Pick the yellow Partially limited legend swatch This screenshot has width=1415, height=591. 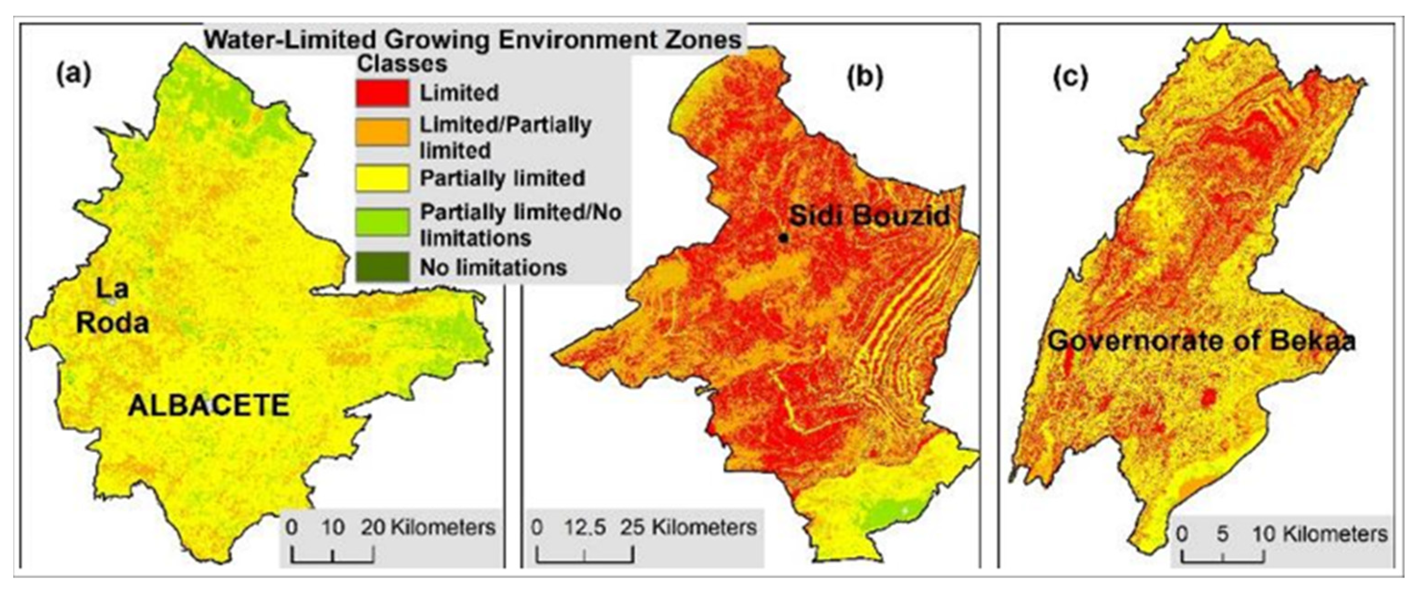click(382, 178)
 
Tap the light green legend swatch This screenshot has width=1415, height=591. click(382, 222)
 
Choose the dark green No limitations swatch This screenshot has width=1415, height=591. click(382, 267)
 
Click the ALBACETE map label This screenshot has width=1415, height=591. click(209, 406)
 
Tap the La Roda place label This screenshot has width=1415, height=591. click(113, 306)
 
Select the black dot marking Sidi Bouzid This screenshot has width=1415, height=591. click(783, 238)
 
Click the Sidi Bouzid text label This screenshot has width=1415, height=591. click(870, 216)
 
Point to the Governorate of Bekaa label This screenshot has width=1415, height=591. click(1201, 341)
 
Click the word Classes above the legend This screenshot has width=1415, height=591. click(402, 64)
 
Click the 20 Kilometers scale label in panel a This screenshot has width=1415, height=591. click(428, 527)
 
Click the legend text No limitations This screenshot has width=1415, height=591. click(493, 268)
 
